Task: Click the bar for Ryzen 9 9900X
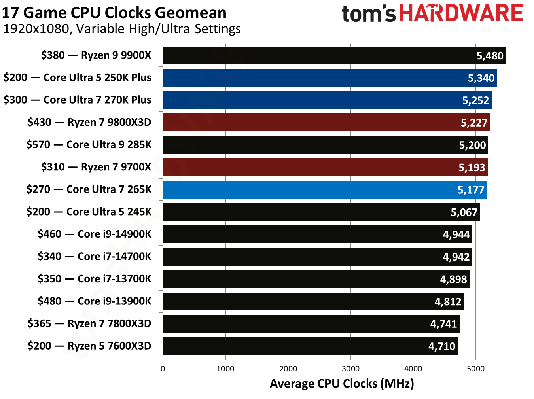pyautogui.click(x=316, y=55)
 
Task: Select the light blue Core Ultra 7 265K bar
pyautogui.click(x=316, y=190)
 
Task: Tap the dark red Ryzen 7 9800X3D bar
pyautogui.click(x=316, y=123)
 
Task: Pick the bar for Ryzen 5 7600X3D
pyautogui.click(x=309, y=346)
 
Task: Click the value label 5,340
pyautogui.click(x=481, y=78)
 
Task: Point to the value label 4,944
pyautogui.click(x=456, y=235)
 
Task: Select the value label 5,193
pyautogui.click(x=472, y=168)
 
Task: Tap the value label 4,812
pyautogui.click(x=448, y=302)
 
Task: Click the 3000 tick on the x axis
pyautogui.click(x=350, y=369)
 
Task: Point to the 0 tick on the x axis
pyautogui.click(x=163, y=369)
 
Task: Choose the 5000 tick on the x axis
pyautogui.click(x=475, y=369)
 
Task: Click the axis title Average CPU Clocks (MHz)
pyautogui.click(x=342, y=384)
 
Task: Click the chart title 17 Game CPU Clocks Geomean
pyautogui.click(x=114, y=13)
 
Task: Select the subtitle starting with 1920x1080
pyautogui.click(x=122, y=29)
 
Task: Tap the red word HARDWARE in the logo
pyautogui.click(x=461, y=13)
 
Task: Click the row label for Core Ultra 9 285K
pyautogui.click(x=89, y=145)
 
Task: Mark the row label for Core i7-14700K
pyautogui.click(x=94, y=257)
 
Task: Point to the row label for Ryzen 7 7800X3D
pyautogui.click(x=89, y=324)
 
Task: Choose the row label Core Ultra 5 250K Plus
pyautogui.click(x=78, y=78)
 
